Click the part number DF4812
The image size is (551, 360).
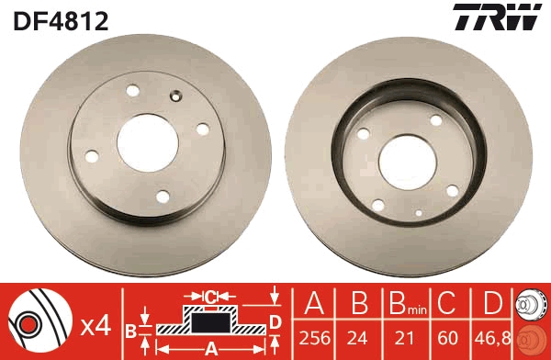61,21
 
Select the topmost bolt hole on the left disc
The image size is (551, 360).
130,91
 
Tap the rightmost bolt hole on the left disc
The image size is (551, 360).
202,129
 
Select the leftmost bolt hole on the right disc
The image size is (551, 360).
364,135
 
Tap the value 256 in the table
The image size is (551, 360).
314,337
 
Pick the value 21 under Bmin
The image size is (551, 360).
400,337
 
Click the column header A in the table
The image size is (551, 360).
314,304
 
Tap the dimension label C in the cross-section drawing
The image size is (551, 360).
210,297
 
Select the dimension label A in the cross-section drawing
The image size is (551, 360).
209,349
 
